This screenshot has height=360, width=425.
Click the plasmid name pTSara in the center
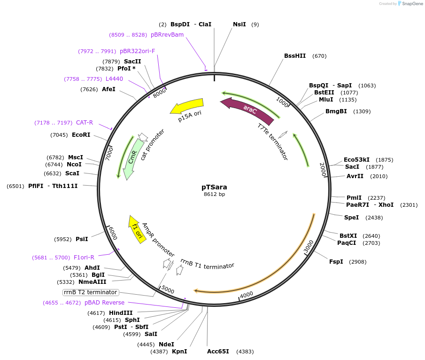coord(214,187)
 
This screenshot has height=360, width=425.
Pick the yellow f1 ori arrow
coord(137,229)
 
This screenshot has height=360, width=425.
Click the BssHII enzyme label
coord(295,56)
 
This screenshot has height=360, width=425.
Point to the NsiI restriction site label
coord(240,24)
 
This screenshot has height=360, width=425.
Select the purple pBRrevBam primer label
coord(167,35)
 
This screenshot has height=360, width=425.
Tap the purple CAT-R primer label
coord(85,123)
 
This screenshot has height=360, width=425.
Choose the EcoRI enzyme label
coord(81,135)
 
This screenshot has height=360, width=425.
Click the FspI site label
coord(336,262)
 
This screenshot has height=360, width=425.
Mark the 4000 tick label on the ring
coord(247,295)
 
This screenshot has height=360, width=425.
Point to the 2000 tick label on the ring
coord(323,169)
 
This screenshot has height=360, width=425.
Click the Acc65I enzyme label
coord(218,352)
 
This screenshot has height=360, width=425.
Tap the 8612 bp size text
coord(214,194)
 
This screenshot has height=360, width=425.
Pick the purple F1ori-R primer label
coord(84,258)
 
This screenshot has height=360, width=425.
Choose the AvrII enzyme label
coord(355,176)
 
